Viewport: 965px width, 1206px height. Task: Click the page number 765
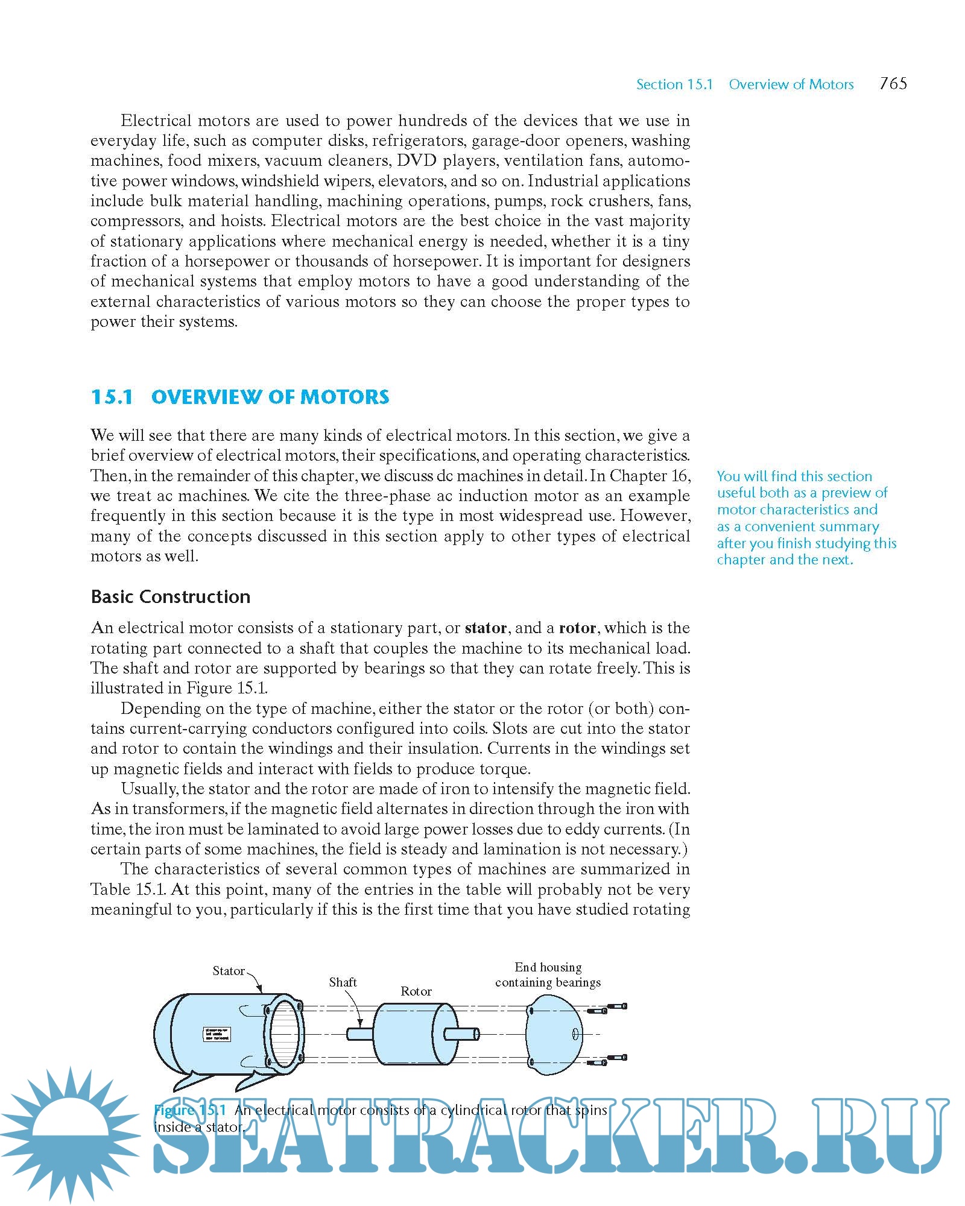893,83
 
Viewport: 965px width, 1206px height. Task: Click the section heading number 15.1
112,397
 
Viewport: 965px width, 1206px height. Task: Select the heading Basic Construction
170,596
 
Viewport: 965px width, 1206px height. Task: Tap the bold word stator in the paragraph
486,628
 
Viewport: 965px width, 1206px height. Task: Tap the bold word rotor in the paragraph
577,628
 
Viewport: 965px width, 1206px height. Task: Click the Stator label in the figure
229,971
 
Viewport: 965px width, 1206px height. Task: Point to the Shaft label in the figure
343,982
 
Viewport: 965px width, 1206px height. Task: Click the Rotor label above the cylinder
416,991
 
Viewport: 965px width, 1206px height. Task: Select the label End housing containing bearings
548,975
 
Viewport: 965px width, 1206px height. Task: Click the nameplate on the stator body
216,1035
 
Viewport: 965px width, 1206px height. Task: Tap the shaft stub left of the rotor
359,1034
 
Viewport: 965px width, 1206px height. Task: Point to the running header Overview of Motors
791,84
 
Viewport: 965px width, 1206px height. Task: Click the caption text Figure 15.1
190,1110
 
